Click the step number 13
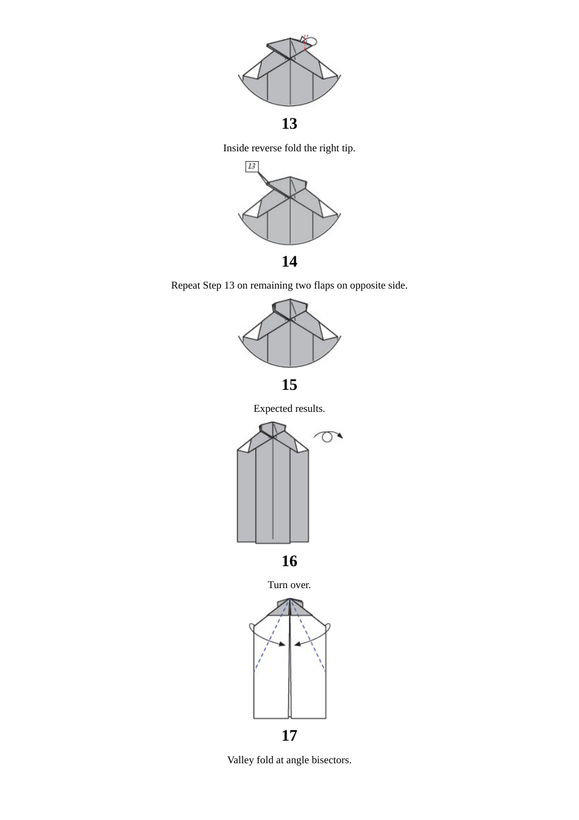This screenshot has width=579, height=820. tap(289, 124)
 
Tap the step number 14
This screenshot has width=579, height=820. tap(289, 262)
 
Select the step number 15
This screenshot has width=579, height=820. tap(289, 385)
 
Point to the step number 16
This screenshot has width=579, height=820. tap(289, 561)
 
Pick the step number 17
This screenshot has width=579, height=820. tap(289, 736)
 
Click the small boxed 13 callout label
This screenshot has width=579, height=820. tap(252, 167)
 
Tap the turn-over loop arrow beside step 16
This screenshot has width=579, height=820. tap(328, 436)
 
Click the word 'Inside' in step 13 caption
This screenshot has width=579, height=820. tap(236, 148)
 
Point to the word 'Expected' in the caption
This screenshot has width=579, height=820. tap(273, 409)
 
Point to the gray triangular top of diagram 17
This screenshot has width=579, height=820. tap(289, 609)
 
